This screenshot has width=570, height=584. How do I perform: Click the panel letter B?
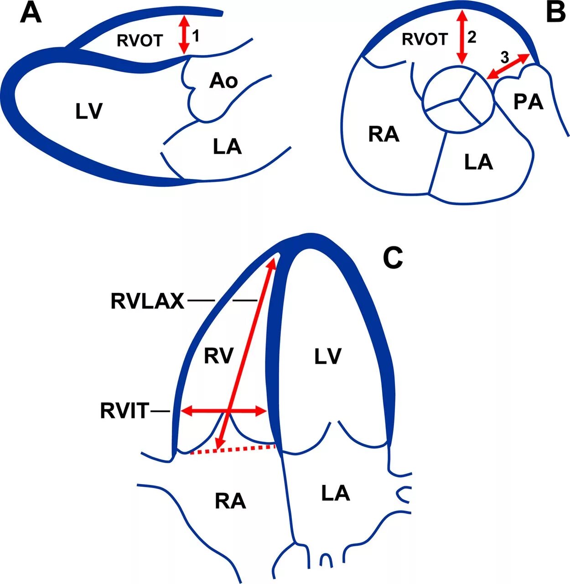[555, 13]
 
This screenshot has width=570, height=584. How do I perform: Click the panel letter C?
[393, 258]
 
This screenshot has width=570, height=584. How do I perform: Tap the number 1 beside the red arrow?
[196, 36]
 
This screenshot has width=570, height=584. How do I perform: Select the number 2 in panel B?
[472, 37]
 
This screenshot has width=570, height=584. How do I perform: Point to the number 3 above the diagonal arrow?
[504, 57]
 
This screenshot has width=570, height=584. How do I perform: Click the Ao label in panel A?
[223, 81]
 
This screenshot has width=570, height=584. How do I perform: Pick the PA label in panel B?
[529, 102]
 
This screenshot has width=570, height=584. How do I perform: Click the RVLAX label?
[147, 301]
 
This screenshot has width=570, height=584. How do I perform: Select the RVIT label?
[124, 411]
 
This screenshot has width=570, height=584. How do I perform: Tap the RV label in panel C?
[218, 355]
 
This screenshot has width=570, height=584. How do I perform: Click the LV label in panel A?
[89, 111]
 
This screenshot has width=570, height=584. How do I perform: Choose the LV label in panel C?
[328, 356]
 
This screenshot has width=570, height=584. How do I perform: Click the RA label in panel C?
[230, 501]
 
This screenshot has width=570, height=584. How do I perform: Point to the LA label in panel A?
[227, 146]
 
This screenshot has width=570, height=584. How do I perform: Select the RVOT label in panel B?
[425, 39]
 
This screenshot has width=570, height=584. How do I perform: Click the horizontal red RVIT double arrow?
[223, 412]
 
